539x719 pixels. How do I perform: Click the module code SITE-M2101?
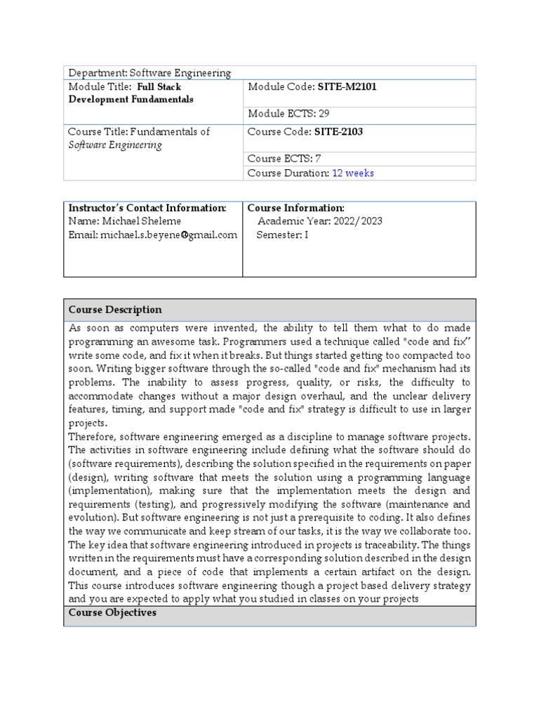[342, 87]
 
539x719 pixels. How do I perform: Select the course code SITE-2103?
[340, 132]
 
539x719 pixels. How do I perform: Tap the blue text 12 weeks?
[353, 173]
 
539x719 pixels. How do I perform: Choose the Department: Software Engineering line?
[149, 73]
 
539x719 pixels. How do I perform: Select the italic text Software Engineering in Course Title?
[115, 145]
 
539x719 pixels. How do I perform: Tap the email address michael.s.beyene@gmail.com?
[168, 235]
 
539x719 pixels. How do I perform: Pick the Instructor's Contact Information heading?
[147, 209]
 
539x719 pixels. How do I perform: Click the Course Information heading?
[295, 209]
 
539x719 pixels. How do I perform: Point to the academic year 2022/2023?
[359, 221]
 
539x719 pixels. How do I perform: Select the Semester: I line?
[282, 235]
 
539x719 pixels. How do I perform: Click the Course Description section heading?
[115, 310]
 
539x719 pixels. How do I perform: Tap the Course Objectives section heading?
[112, 613]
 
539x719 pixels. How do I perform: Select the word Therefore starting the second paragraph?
[94, 437]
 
